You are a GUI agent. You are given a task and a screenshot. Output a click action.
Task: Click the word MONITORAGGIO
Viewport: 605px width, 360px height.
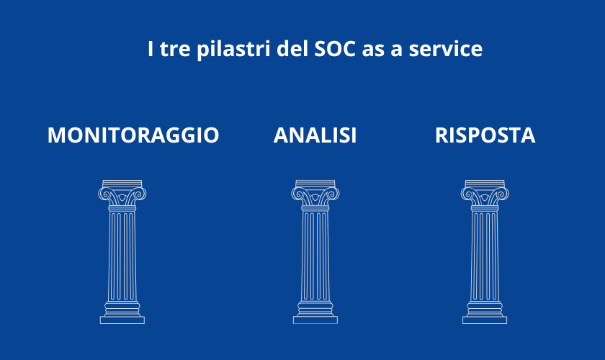pos(133,135)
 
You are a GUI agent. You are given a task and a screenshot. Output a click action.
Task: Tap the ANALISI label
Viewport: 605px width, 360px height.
pos(315,135)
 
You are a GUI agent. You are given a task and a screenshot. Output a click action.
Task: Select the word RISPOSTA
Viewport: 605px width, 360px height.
pos(485,135)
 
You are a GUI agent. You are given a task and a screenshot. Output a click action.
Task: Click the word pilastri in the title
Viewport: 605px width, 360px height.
pos(233,50)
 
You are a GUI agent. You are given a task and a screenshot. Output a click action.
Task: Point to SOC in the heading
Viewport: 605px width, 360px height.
pos(335,49)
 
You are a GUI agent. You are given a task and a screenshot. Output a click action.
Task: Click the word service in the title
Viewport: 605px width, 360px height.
pos(446,49)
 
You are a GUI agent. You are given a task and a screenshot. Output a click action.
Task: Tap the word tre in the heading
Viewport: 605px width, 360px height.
pos(175,50)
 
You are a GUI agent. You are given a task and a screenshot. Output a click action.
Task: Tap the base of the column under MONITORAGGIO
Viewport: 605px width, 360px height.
pos(122,320)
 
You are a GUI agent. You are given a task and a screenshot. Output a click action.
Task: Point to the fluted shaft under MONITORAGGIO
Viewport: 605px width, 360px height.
pos(122,256)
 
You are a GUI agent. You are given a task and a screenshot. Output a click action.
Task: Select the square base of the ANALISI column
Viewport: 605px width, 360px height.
pos(315,320)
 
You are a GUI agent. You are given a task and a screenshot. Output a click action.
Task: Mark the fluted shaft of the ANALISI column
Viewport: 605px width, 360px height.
pos(315,256)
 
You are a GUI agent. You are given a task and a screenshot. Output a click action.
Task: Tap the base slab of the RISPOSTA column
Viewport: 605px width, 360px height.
pos(485,320)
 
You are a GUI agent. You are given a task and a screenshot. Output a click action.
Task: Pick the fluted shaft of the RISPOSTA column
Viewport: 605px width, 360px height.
pos(485,256)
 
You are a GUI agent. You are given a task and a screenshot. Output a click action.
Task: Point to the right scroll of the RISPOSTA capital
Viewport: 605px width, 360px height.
pos(503,193)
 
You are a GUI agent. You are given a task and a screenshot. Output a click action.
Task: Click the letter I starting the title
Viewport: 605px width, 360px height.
pos(151,49)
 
